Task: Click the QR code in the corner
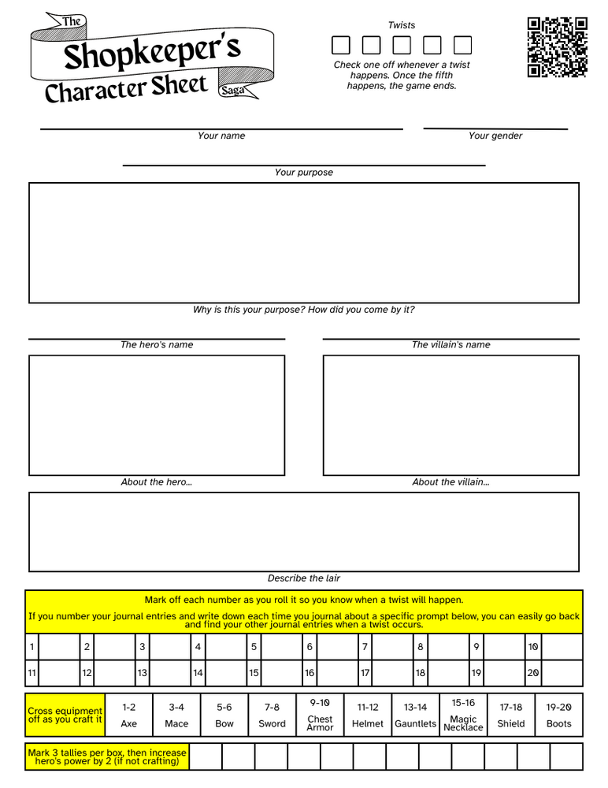(x=558, y=47)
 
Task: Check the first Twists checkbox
(x=340, y=45)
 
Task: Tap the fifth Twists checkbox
(x=463, y=45)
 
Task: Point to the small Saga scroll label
(x=233, y=91)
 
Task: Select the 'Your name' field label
(x=221, y=136)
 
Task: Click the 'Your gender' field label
(x=495, y=136)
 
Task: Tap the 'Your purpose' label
(x=304, y=173)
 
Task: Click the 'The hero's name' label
(x=157, y=344)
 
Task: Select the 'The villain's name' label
(x=450, y=344)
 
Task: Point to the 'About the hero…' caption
(x=157, y=482)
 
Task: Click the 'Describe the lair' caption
(x=304, y=578)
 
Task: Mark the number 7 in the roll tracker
(x=365, y=647)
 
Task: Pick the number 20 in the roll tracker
(x=533, y=674)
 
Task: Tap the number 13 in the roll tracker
(x=143, y=674)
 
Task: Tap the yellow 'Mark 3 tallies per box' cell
(x=107, y=756)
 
